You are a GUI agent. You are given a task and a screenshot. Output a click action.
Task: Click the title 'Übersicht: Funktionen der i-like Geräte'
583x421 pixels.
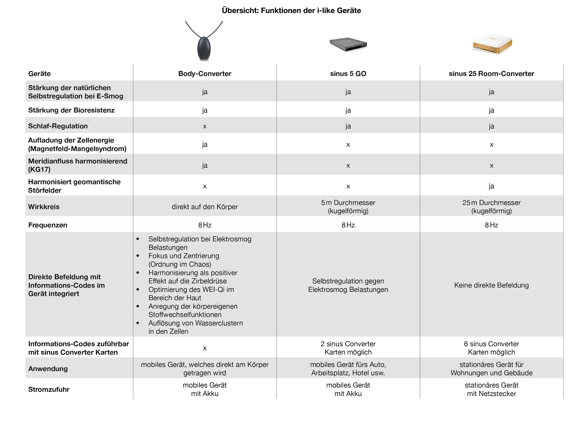(291, 10)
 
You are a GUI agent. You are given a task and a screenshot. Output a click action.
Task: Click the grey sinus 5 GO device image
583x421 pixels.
(348, 44)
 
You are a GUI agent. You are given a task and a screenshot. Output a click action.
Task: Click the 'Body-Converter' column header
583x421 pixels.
(205, 74)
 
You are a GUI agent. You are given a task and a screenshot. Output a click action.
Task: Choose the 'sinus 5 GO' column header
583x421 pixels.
(348, 74)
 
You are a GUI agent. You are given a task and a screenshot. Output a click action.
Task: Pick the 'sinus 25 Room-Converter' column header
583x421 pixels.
(491, 74)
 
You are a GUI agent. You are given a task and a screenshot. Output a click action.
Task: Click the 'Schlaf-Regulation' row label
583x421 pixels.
(58, 126)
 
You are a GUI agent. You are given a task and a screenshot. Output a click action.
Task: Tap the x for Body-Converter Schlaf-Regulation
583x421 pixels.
(205, 126)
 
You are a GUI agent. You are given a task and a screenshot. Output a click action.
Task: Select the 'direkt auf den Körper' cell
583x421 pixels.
(205, 207)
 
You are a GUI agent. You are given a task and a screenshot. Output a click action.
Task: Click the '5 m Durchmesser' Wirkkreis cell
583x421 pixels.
(348, 207)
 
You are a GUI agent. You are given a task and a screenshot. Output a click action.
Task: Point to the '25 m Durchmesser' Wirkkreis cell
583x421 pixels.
(491, 207)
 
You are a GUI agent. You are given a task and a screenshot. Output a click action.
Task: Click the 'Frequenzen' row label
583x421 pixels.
(48, 225)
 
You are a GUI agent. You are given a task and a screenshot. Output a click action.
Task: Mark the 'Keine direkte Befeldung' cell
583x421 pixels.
(491, 285)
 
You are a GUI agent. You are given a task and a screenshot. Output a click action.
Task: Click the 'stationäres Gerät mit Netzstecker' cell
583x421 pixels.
(491, 389)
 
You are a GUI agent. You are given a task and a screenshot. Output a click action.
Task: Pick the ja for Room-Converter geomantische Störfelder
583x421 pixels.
(491, 186)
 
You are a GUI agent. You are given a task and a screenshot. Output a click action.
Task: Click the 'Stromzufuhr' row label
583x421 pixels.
(49, 389)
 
